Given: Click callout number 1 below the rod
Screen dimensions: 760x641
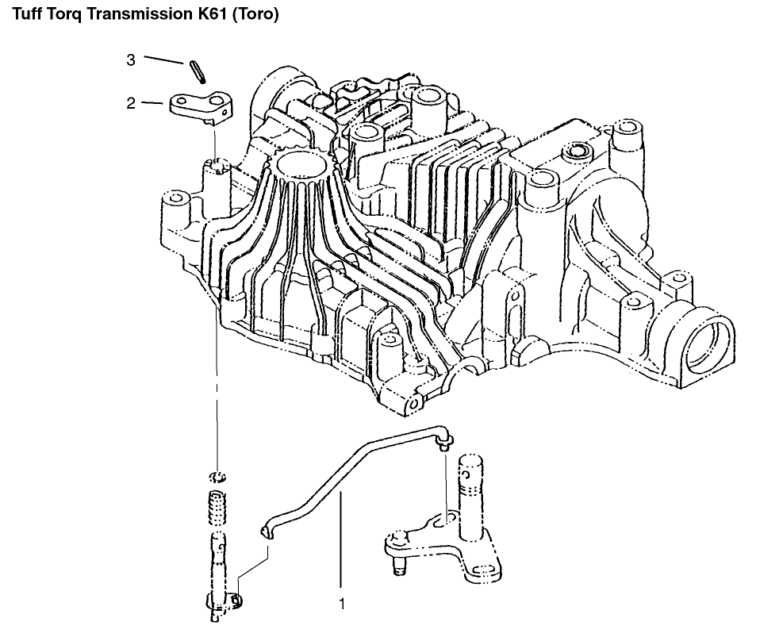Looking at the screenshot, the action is [342, 605].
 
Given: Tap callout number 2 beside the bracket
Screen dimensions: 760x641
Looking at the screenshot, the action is [131, 103].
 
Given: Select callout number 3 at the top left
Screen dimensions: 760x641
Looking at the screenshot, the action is [131, 60].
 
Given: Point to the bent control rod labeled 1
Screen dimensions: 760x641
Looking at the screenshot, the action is [357, 479].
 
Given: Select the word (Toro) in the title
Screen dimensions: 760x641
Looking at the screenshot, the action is [256, 14].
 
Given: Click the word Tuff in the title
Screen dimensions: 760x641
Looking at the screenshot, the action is [28, 14].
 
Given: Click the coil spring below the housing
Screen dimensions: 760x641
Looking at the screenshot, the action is [218, 505].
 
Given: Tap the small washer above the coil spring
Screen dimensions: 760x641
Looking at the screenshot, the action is [218, 477].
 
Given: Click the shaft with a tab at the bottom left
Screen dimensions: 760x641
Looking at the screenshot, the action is [221, 575].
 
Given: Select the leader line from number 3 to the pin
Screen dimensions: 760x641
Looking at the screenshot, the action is [164, 59].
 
